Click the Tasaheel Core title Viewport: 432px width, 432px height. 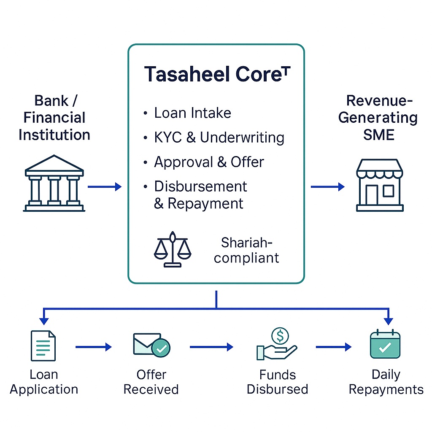pyautogui.click(x=217, y=74)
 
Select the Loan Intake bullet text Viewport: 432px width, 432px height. pyautogui.click(x=192, y=113)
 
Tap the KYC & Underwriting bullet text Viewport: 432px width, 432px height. pyautogui.click(x=219, y=138)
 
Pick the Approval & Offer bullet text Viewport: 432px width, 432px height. pyautogui.click(x=209, y=162)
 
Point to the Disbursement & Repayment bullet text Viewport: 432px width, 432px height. pyautogui.click(x=200, y=194)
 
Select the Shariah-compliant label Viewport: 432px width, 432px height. pyautogui.click(x=246, y=250)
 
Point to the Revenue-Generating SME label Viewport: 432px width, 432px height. pyautogui.click(x=378, y=118)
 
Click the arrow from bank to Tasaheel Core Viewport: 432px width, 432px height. pyautogui.click(x=104, y=186)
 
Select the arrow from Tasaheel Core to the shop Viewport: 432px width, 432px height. pyautogui.click(x=328, y=186)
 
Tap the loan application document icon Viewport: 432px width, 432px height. pyautogui.click(x=43, y=346)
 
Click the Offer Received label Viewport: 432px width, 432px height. pyautogui.click(x=151, y=382)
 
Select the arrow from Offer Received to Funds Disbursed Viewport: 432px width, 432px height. pyautogui.click(x=211, y=347)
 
